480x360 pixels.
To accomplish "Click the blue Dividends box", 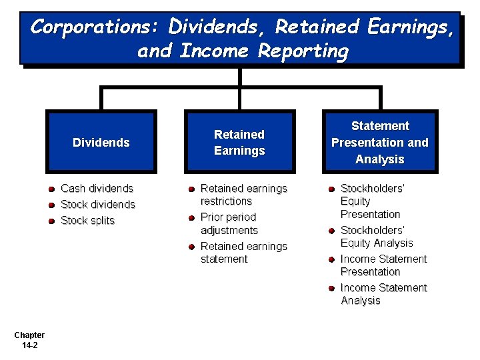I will [101, 142].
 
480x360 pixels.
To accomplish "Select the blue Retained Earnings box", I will [239, 142].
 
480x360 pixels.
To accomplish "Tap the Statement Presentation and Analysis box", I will [379, 142].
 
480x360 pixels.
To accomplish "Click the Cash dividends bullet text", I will [97, 189].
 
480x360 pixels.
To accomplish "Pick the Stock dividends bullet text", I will [98, 205].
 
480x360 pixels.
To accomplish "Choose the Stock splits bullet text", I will [88, 221].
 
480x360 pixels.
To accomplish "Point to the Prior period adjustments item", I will [229, 224].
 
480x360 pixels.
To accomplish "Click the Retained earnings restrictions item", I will [243, 195].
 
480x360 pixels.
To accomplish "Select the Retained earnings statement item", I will [243, 253].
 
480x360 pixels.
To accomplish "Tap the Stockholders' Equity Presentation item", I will [372, 201].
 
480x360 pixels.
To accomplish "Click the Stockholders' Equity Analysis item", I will [377, 237].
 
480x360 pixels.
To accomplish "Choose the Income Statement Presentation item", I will [383, 265].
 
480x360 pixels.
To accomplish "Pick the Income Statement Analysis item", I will [383, 294].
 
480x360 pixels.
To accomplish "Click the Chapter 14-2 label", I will [29, 340].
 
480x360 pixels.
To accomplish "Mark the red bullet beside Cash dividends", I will [51, 189].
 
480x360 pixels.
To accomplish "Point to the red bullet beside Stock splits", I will [51, 221].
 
